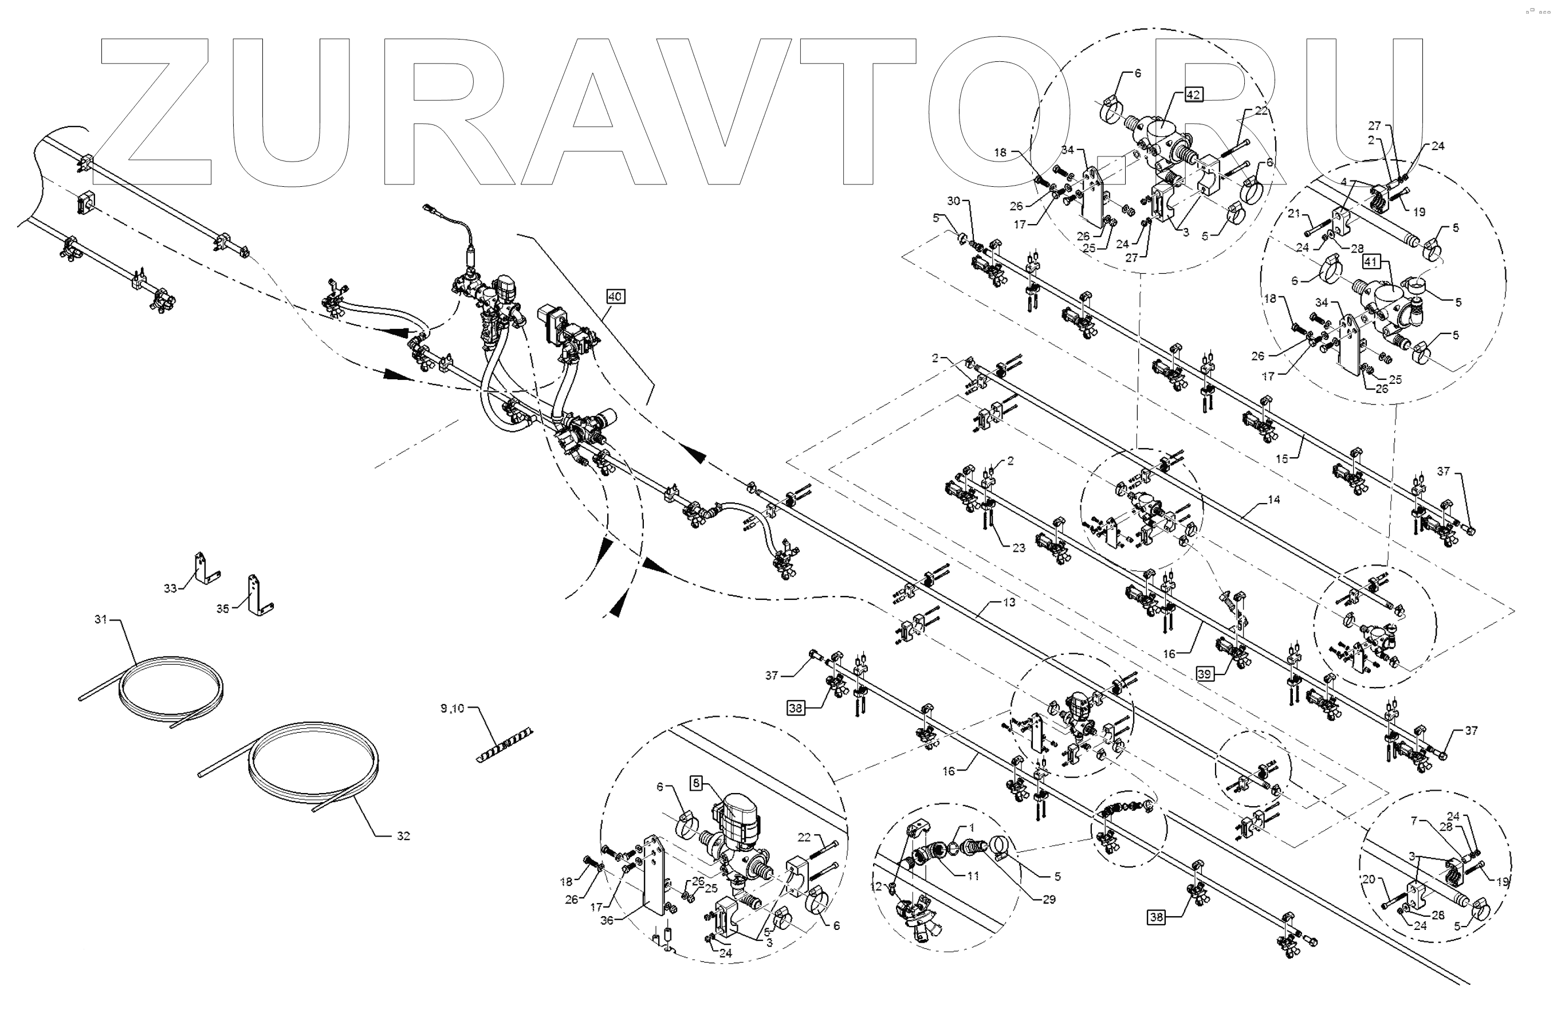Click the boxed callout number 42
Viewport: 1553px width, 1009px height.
[1193, 95]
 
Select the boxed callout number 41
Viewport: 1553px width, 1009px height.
[1371, 262]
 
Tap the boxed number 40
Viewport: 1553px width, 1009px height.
[615, 296]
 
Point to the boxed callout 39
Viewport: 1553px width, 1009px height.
[1205, 674]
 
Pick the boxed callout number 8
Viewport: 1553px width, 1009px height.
[697, 783]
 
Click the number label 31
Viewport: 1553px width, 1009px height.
[100, 619]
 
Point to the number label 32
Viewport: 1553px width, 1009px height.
[403, 835]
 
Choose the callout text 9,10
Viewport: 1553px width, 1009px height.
[452, 708]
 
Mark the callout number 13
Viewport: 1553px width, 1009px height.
[1009, 602]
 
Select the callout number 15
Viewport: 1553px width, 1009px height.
[1282, 458]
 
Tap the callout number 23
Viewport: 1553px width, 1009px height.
[1019, 548]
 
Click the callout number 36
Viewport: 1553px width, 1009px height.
[607, 920]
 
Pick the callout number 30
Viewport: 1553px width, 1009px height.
[953, 201]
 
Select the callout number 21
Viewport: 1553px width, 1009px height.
[1295, 213]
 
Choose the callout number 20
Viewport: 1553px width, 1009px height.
[1369, 879]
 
